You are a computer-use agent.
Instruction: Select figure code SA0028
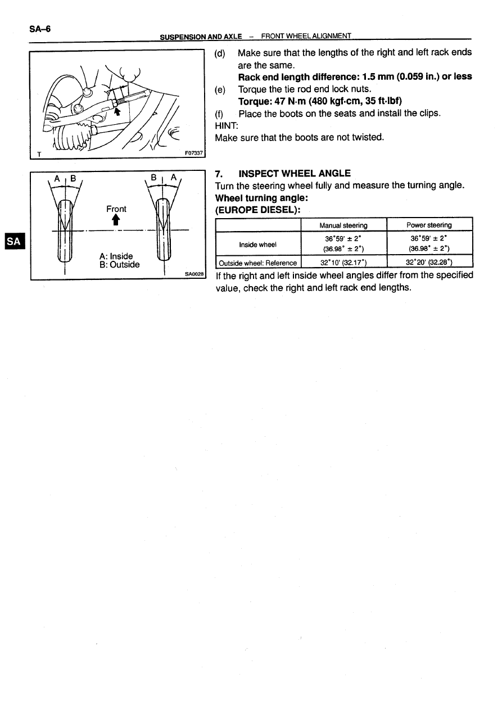[195, 274]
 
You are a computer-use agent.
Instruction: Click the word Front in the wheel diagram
[116, 209]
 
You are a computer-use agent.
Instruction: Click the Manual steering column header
[343, 225]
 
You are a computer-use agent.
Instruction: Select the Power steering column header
[429, 225]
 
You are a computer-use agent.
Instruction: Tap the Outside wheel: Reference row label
[258, 263]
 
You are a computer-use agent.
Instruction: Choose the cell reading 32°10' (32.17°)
[343, 263]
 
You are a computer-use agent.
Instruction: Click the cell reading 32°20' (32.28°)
[429, 263]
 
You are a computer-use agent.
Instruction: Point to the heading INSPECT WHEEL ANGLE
[295, 173]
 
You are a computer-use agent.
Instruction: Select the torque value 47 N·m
[285, 101]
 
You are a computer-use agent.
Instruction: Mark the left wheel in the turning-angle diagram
[66, 230]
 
